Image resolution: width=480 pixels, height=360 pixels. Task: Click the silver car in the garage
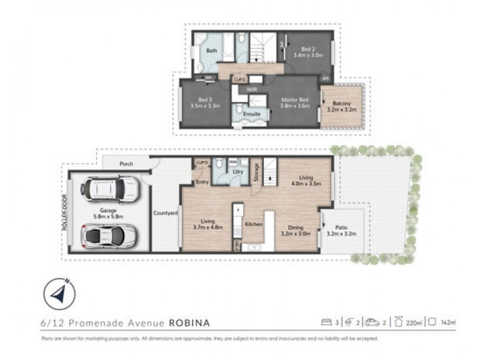click(108, 235)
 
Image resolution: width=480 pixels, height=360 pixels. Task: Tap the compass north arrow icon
click(59, 295)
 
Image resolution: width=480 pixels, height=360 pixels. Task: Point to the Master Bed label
click(295, 99)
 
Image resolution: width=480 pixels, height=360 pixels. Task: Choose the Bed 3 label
click(205, 100)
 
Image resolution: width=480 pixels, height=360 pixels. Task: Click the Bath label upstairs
click(212, 51)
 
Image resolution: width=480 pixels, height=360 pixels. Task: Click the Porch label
click(126, 163)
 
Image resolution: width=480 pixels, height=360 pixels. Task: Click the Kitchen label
click(254, 224)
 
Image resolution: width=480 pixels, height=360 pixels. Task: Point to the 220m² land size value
click(413, 323)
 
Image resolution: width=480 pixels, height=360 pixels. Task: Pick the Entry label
click(202, 182)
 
